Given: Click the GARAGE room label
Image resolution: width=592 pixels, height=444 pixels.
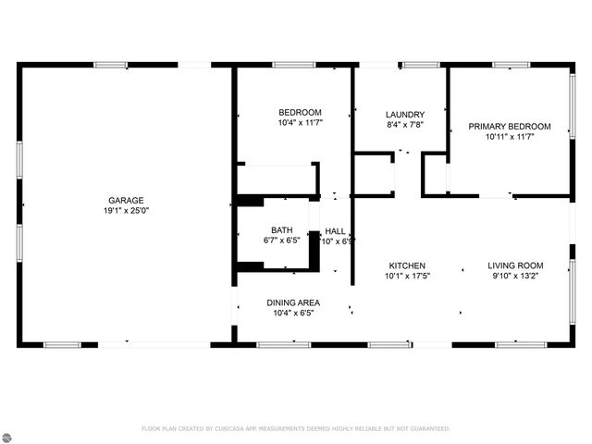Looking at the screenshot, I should pyautogui.click(x=126, y=200).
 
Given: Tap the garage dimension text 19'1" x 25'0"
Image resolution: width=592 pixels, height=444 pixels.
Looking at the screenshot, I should pyautogui.click(x=126, y=210).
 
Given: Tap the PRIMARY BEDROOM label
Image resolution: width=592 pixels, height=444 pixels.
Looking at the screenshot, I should pyautogui.click(x=510, y=126).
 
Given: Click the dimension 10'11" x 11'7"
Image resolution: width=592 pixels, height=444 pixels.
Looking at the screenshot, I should pyautogui.click(x=510, y=136).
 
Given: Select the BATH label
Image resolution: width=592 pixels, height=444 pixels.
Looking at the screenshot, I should pyautogui.click(x=281, y=230).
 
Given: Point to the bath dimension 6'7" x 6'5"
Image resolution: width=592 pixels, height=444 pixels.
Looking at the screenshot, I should pyautogui.click(x=281, y=240).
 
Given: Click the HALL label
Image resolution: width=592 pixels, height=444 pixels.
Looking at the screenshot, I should pyautogui.click(x=335, y=231).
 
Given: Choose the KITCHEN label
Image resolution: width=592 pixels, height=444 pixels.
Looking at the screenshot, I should pyautogui.click(x=407, y=265).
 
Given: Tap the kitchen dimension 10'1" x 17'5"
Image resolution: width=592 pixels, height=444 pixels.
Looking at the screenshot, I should pyautogui.click(x=407, y=275).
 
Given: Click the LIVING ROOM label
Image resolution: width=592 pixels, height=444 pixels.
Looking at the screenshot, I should pyautogui.click(x=515, y=265).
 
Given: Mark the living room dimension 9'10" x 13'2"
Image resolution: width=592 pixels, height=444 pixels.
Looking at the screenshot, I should pyautogui.click(x=515, y=275).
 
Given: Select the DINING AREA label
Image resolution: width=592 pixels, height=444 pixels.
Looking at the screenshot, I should pyautogui.click(x=293, y=302).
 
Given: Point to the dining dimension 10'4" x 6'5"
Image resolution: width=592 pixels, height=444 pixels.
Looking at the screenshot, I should pyautogui.click(x=293, y=313).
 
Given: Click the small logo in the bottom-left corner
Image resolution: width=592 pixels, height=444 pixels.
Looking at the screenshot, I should pyautogui.click(x=9, y=435).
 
